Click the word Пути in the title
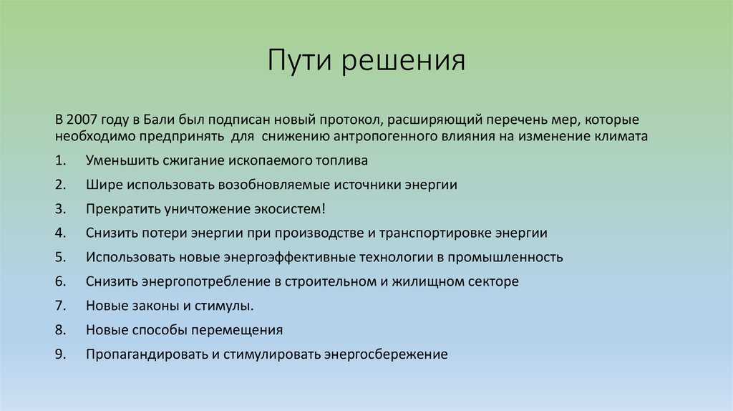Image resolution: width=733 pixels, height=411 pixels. coord(299,59)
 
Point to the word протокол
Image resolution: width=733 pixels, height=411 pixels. coord(353,120)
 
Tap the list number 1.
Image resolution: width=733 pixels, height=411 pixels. coord(60,160)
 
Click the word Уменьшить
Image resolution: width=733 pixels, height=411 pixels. coord(122,161)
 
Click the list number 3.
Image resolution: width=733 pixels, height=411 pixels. coord(60,209)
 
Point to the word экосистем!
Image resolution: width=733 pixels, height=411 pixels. coord(289,209)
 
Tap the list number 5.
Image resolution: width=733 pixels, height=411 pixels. coord(60,257)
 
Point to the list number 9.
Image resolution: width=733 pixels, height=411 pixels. coord(60,354)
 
